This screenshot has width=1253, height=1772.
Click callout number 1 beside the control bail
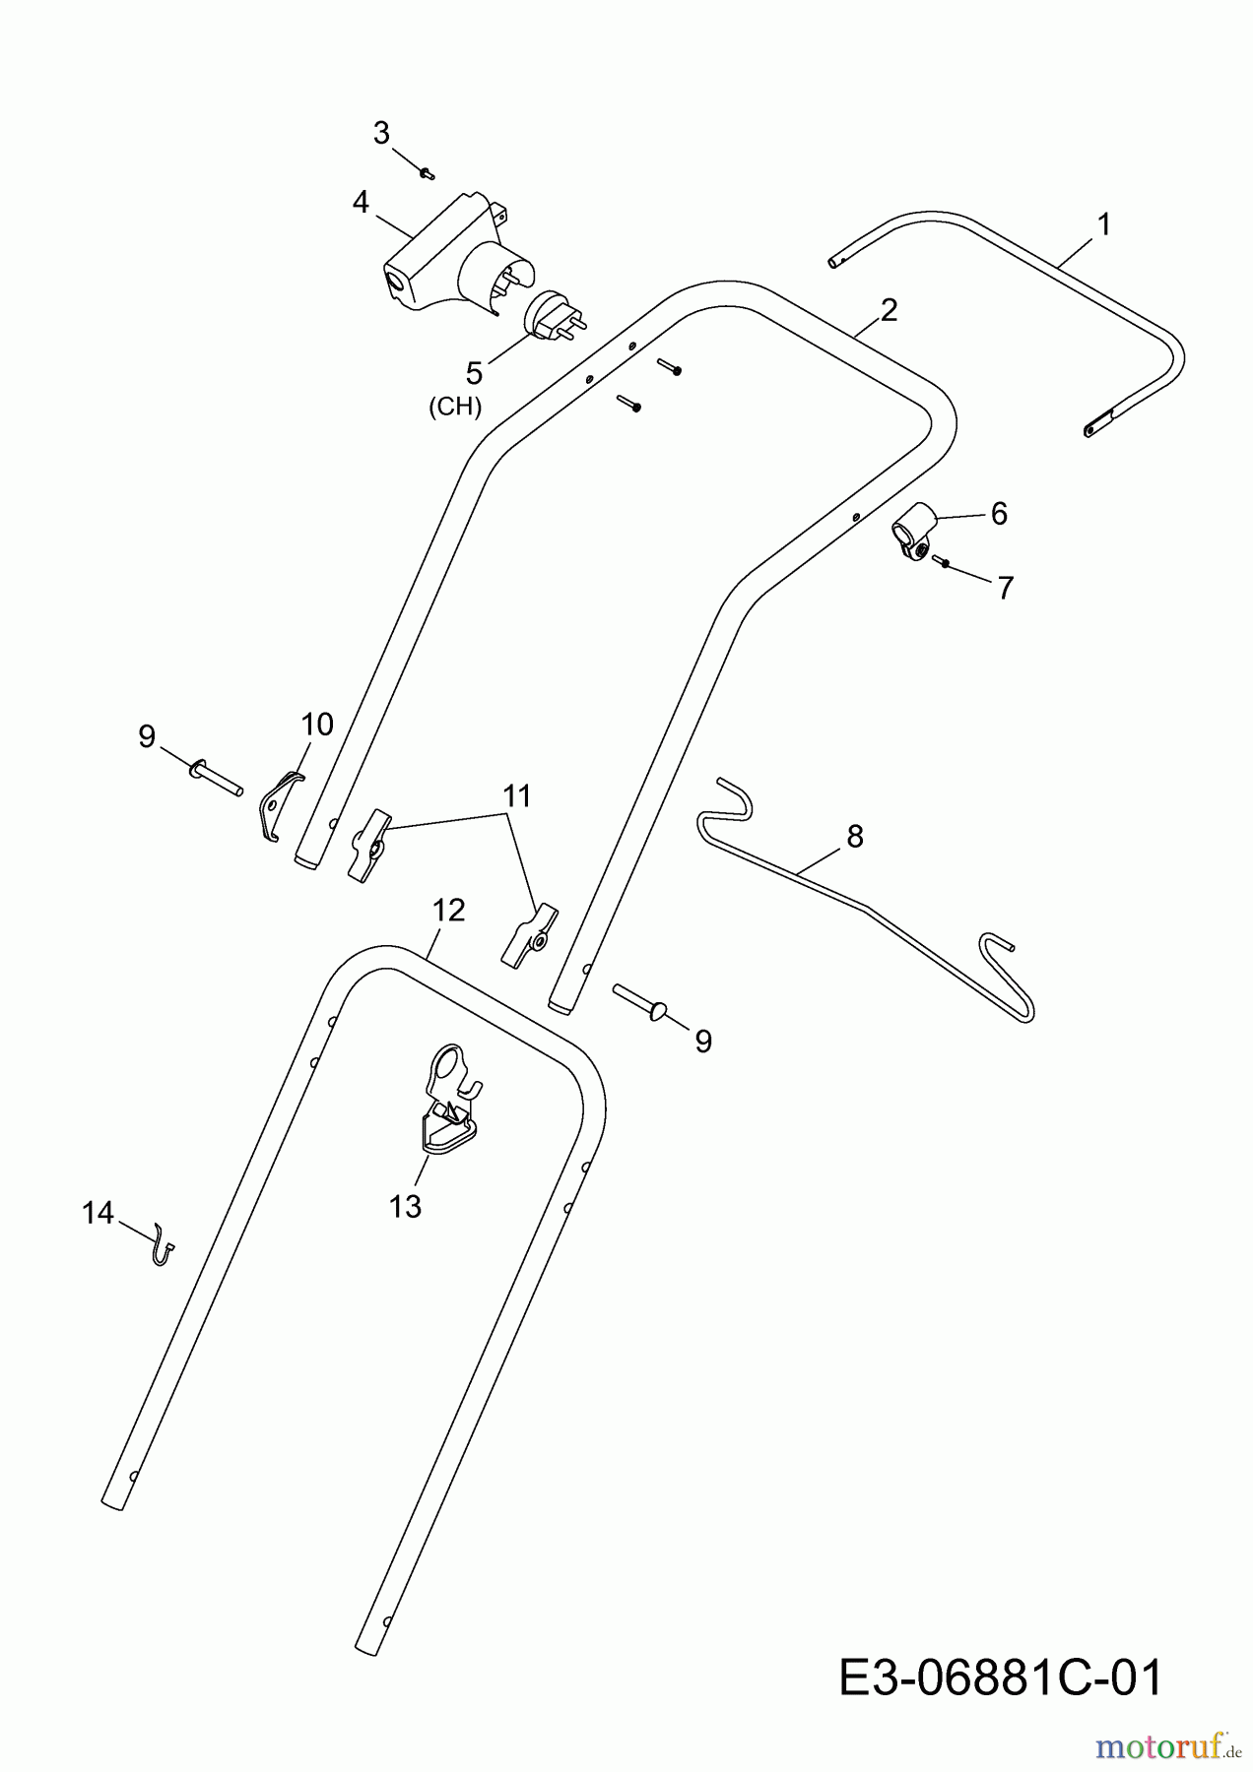[x=1104, y=224]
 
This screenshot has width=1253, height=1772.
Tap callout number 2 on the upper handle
[x=889, y=310]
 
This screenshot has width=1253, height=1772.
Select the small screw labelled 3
[x=427, y=173]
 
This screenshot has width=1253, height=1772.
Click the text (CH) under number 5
[x=455, y=407]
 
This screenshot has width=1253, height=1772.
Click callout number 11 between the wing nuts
[x=517, y=795]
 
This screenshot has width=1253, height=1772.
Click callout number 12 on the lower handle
[x=448, y=910]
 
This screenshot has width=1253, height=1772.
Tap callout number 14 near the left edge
[x=99, y=1214]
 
